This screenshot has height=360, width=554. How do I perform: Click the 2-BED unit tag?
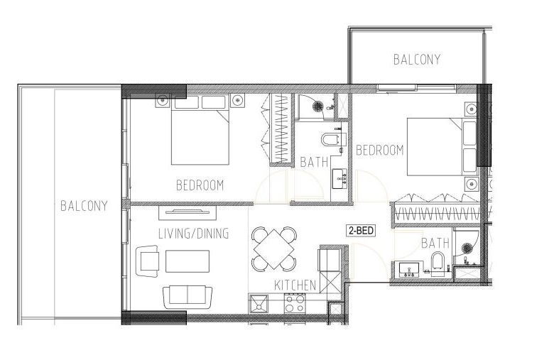[x=361, y=231]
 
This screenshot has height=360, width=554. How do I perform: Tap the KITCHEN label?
[x=295, y=285]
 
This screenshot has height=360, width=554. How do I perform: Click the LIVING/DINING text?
[x=194, y=234]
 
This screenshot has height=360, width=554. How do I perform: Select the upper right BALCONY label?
[x=417, y=60]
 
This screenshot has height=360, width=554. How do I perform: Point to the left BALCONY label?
[x=84, y=206]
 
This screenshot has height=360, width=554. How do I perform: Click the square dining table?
[x=274, y=249]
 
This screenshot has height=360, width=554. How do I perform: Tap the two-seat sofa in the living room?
[x=188, y=296]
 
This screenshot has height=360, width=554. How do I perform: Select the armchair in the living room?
[x=147, y=261]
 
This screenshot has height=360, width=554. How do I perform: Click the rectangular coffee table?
[x=188, y=261]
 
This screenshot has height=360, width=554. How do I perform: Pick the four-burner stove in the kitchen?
[x=295, y=303]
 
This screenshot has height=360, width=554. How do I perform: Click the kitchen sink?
[x=259, y=304]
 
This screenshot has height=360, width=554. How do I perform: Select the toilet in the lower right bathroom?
[x=438, y=263]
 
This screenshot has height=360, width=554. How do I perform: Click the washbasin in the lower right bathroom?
[x=409, y=271]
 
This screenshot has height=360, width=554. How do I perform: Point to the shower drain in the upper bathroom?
[x=318, y=105]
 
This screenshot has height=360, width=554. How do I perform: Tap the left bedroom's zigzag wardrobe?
[x=280, y=129]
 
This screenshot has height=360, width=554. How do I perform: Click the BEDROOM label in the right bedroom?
[x=380, y=150]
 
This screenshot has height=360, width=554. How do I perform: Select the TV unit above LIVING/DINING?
[x=188, y=212]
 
